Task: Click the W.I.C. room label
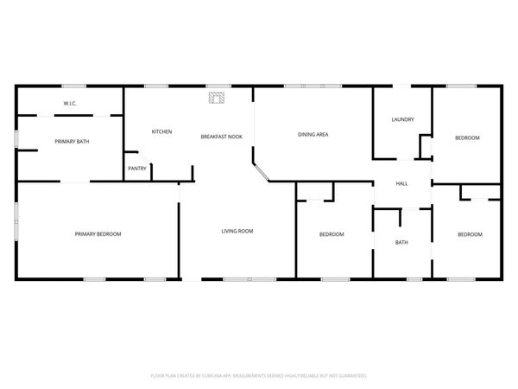point(70,104)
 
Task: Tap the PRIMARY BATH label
point(72,142)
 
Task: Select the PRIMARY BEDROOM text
point(98,234)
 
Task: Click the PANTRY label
point(137,169)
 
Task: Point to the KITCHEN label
point(162,131)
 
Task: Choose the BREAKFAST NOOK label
point(222,137)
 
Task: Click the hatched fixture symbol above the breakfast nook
point(217,98)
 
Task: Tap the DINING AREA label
point(313,135)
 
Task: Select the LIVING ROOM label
point(237,231)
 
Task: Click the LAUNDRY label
point(402,119)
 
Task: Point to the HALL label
point(402,183)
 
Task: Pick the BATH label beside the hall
point(401,242)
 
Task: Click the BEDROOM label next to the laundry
point(467,138)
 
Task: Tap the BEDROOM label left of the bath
point(332,234)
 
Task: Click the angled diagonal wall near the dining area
point(261,172)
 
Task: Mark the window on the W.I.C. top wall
point(74,86)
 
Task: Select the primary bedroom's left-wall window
point(16,221)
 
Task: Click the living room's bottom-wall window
point(250,279)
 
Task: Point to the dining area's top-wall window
point(313,86)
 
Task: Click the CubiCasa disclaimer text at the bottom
point(259,376)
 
